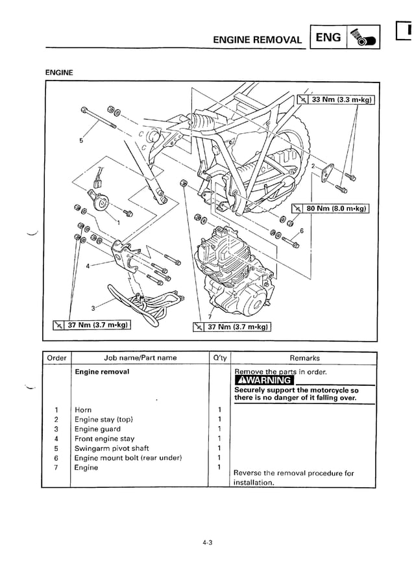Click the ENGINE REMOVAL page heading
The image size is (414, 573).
coord(258,39)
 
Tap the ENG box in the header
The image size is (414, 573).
coord(328,38)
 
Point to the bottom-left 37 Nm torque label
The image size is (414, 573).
coord(92,324)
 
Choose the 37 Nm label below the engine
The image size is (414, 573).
coord(231,326)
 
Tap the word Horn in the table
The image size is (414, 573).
coord(83,410)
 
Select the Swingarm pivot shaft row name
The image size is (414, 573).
coord(112,448)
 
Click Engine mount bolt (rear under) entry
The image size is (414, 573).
coord(128,458)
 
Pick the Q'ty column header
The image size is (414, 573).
coord(220,358)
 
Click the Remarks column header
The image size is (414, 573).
coord(304,358)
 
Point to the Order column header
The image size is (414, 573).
coord(57,358)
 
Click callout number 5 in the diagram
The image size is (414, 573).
coord(81,140)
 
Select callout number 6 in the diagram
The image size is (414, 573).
coord(301,231)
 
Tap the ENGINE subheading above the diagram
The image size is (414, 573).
coord(58,73)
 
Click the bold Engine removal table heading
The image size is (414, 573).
coord(102,372)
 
